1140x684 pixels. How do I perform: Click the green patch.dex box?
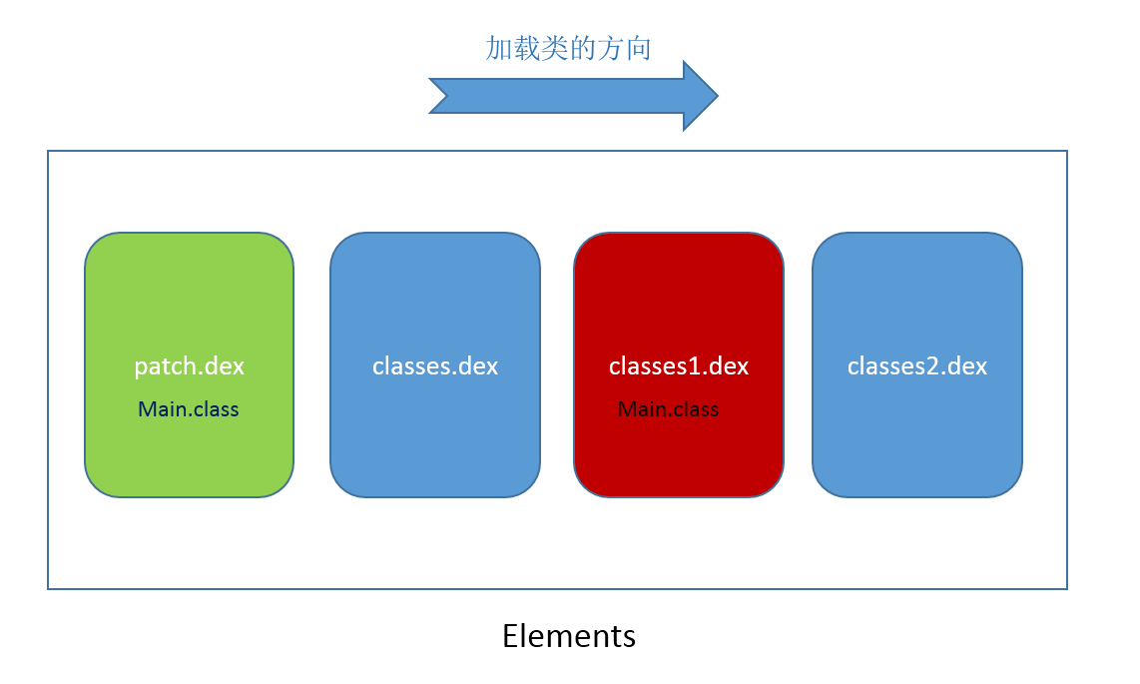[x=189, y=364]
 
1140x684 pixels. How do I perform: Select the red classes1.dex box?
[x=679, y=364]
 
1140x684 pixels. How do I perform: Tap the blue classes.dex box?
[x=435, y=364]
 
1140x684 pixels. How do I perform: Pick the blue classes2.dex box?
[x=916, y=364]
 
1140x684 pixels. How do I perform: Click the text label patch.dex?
[x=189, y=366]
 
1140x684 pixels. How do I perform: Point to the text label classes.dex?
[x=435, y=366]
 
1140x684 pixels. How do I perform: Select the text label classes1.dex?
[x=679, y=366]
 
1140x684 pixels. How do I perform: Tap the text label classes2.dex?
[x=916, y=366]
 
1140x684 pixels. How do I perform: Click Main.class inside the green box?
[x=189, y=409]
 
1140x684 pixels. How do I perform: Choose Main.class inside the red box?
[x=668, y=409]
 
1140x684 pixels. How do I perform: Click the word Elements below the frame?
[x=569, y=636]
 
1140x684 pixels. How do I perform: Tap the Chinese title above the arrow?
[x=568, y=48]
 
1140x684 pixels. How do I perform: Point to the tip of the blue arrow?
[x=718, y=95]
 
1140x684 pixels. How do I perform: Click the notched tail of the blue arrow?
[x=445, y=95]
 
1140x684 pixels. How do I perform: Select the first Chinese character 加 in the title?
[x=499, y=48]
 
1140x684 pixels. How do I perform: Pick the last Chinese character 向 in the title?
[x=638, y=48]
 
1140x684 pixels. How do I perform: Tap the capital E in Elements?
[x=511, y=636]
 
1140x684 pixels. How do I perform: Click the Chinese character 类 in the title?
[x=554, y=48]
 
